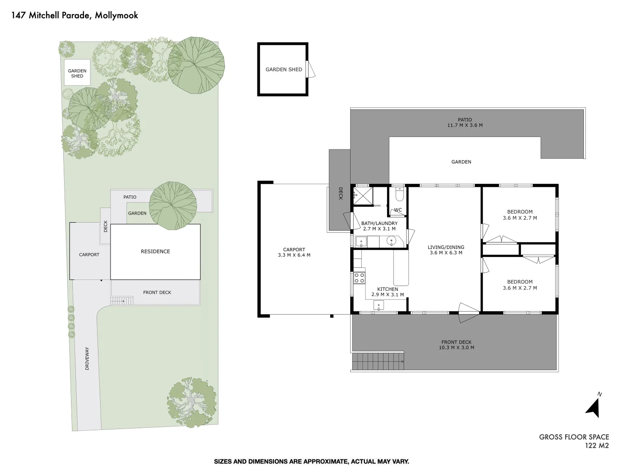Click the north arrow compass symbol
tap(593, 407)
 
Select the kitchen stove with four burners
tap(359, 278)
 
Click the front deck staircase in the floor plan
tap(377, 361)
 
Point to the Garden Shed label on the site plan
tap(77, 73)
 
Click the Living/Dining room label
tap(446, 250)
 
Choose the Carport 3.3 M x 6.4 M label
tap(294, 252)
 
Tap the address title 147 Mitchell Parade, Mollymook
tap(75, 15)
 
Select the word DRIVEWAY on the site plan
tap(87, 358)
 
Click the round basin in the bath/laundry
tap(392, 241)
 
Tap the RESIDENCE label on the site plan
tap(156, 251)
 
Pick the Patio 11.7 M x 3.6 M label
tap(465, 123)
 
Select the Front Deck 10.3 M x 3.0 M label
tap(456, 345)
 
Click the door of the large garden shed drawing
tap(310, 69)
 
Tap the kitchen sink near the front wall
tap(379, 306)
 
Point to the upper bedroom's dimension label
tap(520, 218)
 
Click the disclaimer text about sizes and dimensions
tap(312, 461)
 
